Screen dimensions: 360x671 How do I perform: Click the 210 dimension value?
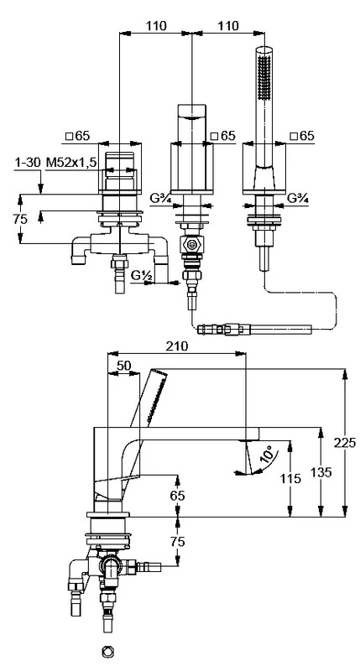tap(177, 346)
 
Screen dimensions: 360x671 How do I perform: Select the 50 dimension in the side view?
tap(123, 366)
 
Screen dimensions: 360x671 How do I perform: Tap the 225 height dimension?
tap(345, 443)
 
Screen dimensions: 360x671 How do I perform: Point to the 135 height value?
tap(321, 472)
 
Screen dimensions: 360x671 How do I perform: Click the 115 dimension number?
tap(290, 478)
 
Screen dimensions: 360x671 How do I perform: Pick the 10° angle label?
tap(267, 454)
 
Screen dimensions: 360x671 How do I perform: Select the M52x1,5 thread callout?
tap(72, 162)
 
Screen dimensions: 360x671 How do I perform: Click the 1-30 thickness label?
tap(28, 162)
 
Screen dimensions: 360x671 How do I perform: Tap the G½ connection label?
tap(142, 276)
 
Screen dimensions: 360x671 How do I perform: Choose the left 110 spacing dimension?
tap(156, 26)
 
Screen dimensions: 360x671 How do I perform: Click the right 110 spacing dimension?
tap(228, 26)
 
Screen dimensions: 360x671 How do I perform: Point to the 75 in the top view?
tap(19, 219)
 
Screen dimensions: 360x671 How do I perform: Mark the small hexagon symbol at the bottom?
tap(108, 652)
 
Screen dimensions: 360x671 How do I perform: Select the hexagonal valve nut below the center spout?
tap(192, 246)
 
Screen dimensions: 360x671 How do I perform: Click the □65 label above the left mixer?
tap(77, 136)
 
